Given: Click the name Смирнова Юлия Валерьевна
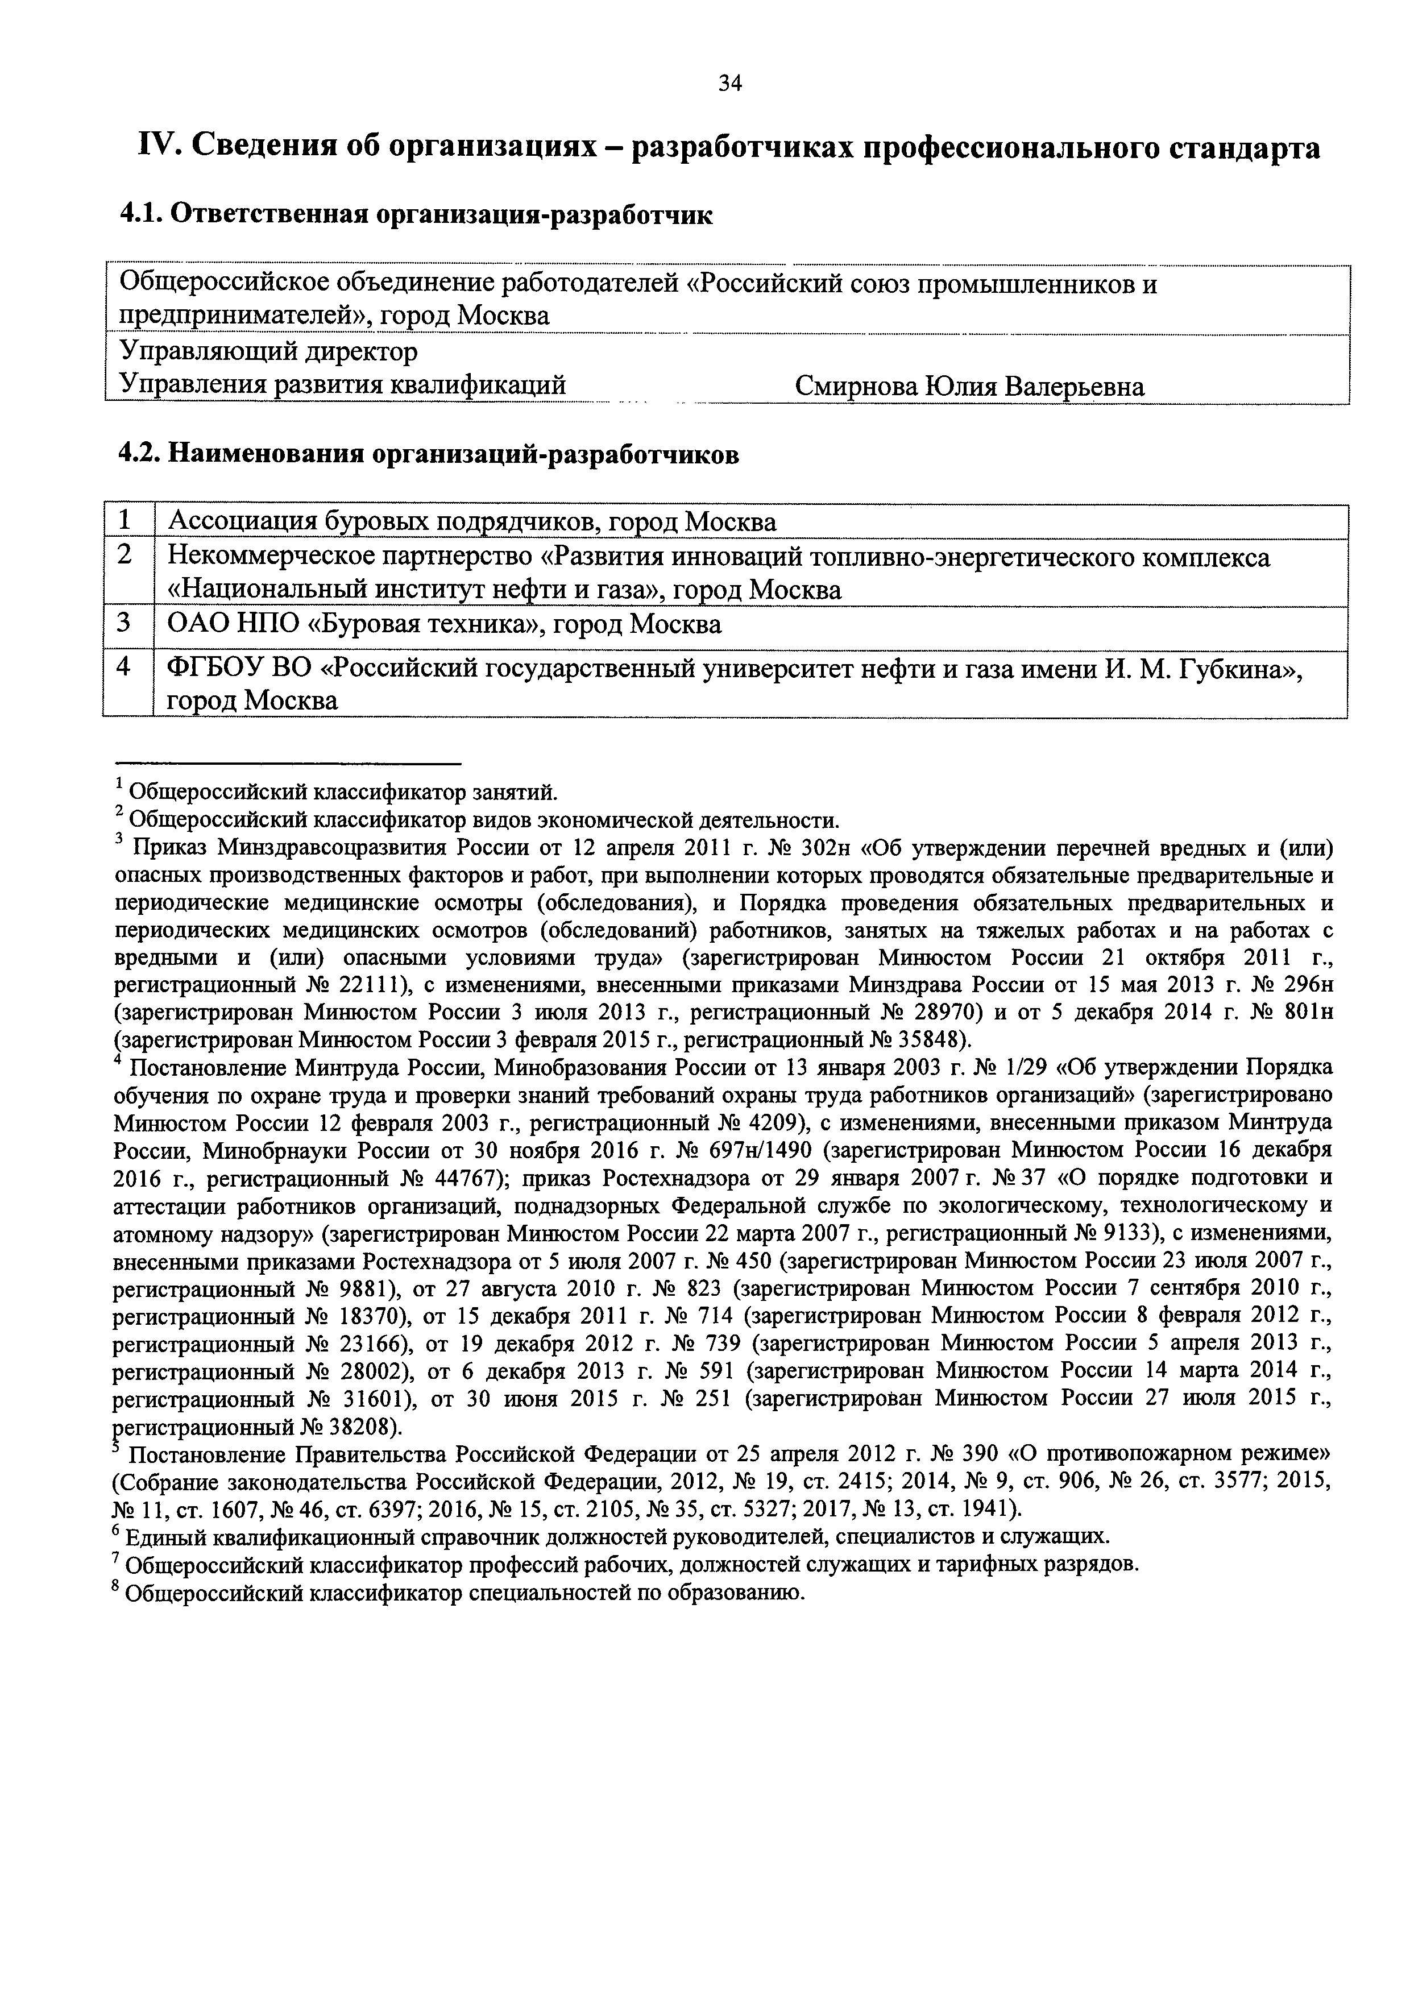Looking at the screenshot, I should pos(969,387).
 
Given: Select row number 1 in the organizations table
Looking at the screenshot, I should pos(125,521).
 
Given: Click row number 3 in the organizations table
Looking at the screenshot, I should pos(125,624).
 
